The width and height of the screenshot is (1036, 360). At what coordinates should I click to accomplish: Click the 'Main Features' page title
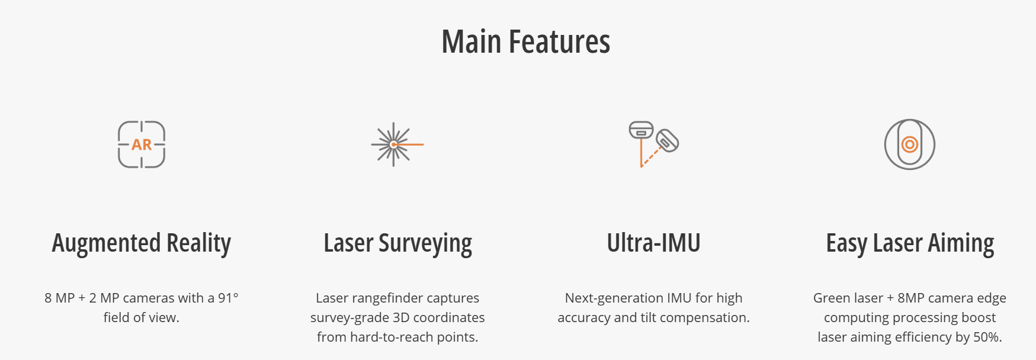click(x=526, y=42)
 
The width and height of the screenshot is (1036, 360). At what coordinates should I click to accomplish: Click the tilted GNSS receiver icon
click(x=653, y=144)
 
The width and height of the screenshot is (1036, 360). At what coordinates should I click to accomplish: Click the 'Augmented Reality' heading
click(x=142, y=243)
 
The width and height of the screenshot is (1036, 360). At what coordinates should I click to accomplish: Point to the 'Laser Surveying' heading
click(x=397, y=243)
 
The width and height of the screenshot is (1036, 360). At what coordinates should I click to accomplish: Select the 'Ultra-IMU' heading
click(x=653, y=243)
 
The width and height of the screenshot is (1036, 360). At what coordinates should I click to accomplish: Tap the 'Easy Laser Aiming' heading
click(x=910, y=243)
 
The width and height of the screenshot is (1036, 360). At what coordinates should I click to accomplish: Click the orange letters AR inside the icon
click(x=142, y=144)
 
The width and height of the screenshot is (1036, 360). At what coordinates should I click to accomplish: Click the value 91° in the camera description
click(x=228, y=298)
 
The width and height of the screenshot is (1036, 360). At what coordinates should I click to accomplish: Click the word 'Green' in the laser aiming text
click(x=829, y=298)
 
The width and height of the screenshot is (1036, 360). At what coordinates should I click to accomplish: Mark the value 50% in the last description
click(x=987, y=337)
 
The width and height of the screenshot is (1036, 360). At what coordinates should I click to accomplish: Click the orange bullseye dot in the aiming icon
click(x=910, y=144)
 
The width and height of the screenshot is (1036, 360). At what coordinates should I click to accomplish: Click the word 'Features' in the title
click(x=560, y=42)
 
